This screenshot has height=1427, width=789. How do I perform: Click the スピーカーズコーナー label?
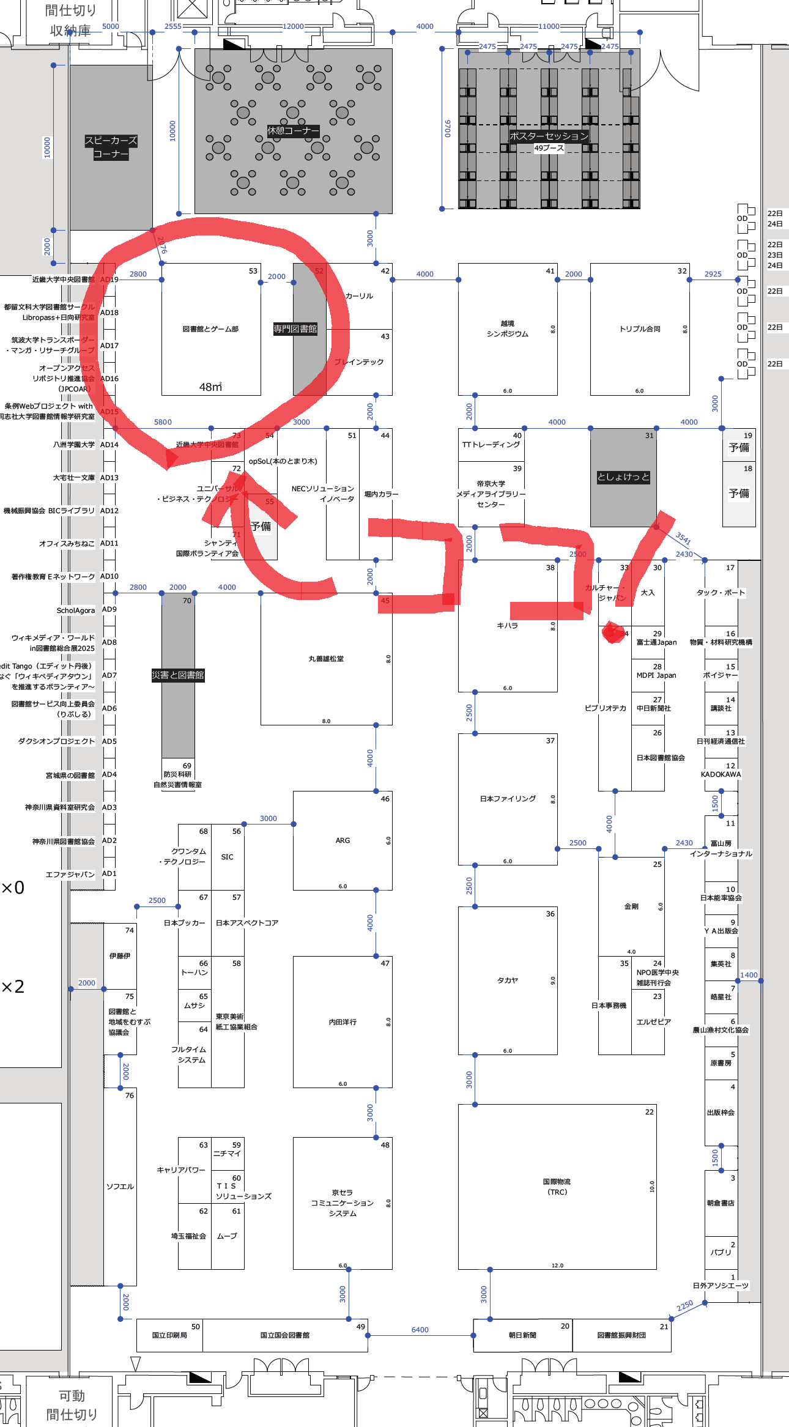(x=111, y=147)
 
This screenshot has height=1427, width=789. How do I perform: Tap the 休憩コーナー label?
(x=293, y=131)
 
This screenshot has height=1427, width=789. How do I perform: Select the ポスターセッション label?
(x=549, y=136)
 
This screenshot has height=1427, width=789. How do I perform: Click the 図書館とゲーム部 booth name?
(x=210, y=329)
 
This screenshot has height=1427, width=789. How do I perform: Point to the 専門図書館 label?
(x=295, y=329)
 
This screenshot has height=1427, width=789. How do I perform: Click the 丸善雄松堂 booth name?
(x=326, y=659)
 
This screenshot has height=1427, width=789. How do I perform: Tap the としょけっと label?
(x=623, y=477)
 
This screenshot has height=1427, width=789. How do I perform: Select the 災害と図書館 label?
(x=178, y=675)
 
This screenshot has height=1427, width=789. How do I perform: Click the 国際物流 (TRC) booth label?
(x=557, y=1187)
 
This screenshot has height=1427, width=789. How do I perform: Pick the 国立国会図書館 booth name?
(x=284, y=1335)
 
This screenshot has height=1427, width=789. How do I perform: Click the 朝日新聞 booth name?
(x=522, y=1335)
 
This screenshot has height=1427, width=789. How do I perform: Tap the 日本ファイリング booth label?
(x=508, y=799)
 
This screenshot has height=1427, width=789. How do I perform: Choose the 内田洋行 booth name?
(x=343, y=1022)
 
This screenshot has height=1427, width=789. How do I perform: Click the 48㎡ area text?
(x=210, y=387)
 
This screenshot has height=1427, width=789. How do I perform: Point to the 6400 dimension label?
(x=420, y=1330)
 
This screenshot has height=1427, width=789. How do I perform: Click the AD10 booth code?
(x=109, y=576)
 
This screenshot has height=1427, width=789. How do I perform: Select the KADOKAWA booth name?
(x=720, y=774)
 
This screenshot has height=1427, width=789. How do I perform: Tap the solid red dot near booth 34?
(x=613, y=632)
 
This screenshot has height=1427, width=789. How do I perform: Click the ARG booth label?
(x=343, y=840)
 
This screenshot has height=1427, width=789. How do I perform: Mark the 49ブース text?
(x=549, y=148)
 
